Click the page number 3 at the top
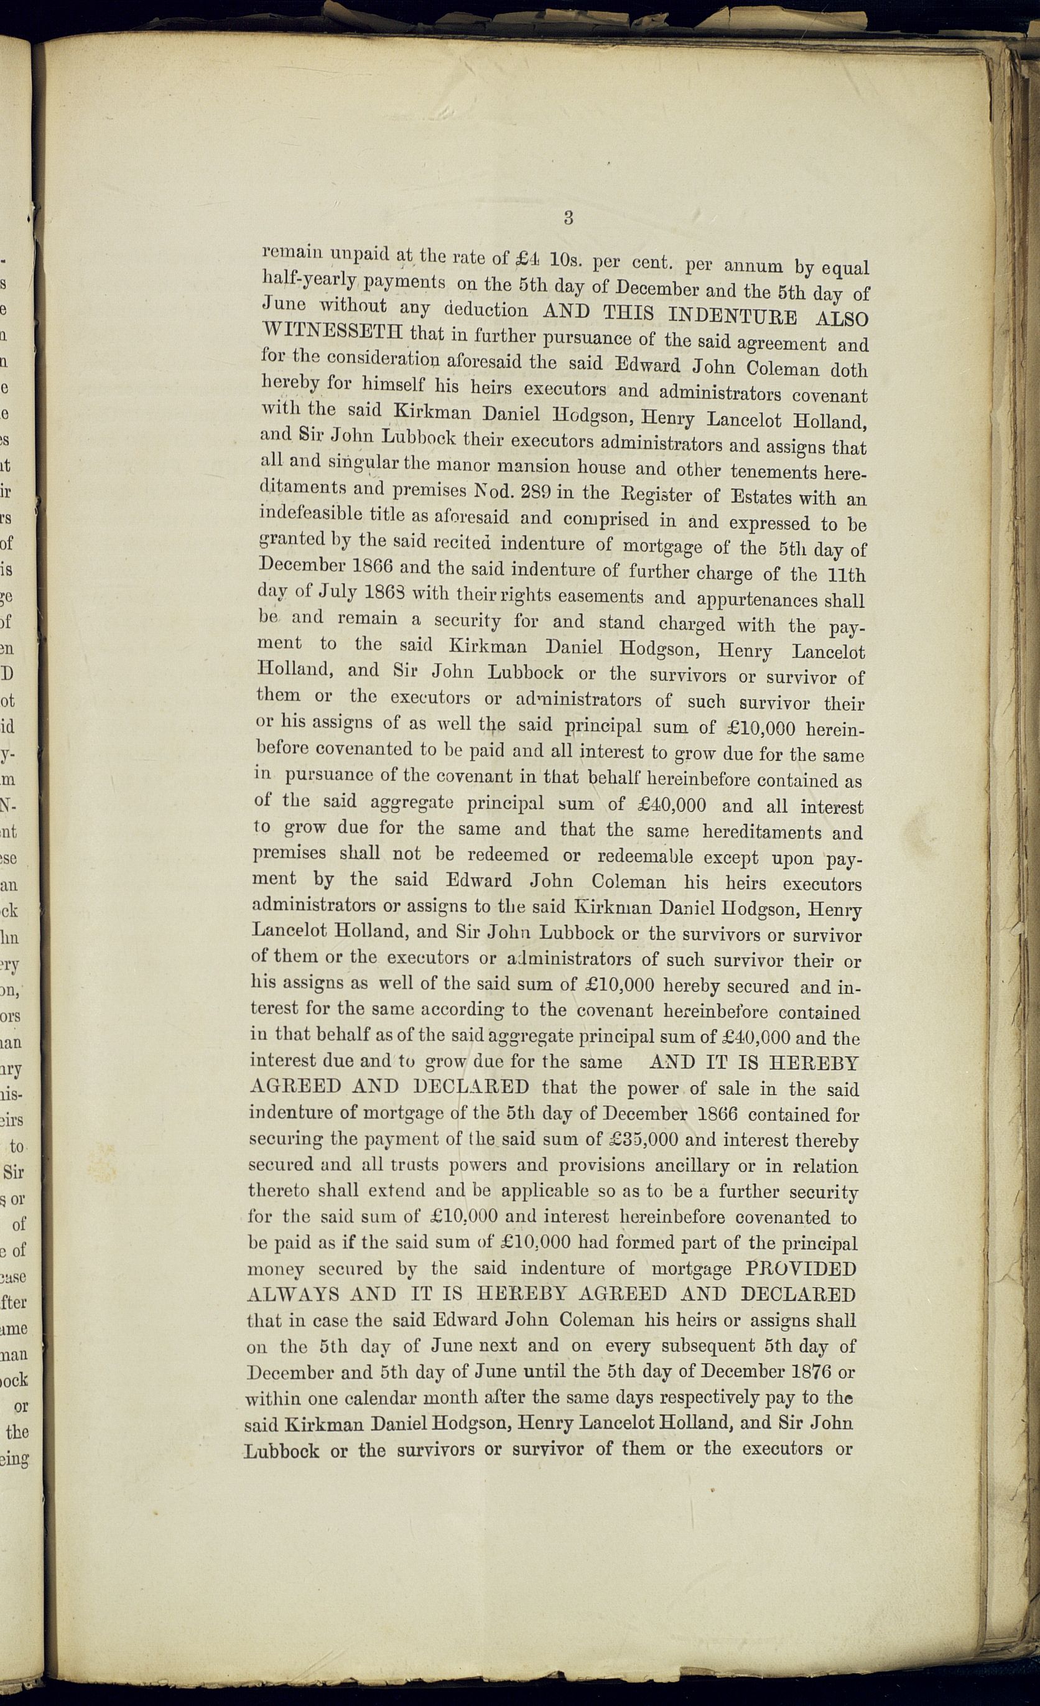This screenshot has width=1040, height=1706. (x=568, y=218)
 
